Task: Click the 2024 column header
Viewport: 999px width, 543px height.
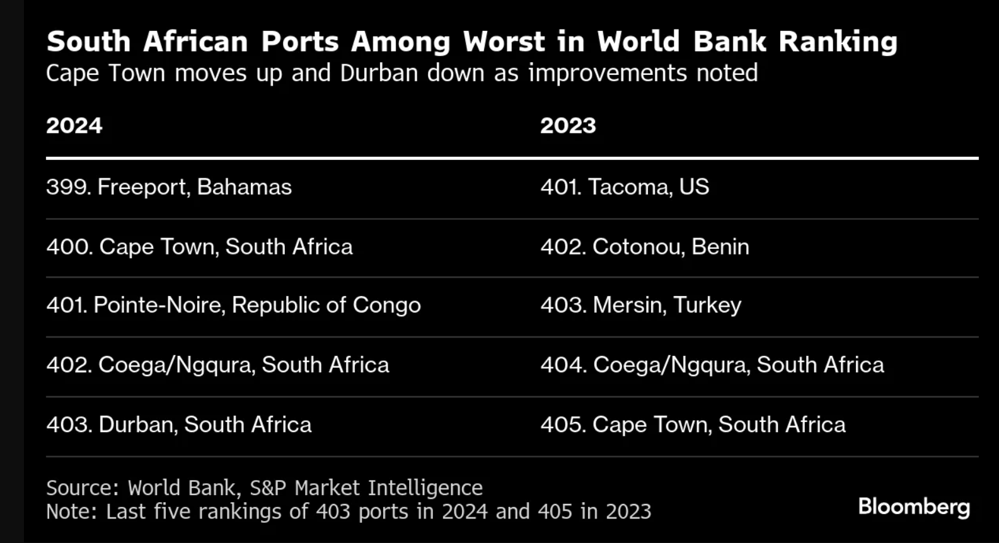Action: click(x=74, y=125)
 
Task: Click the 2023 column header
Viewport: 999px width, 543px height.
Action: click(x=567, y=125)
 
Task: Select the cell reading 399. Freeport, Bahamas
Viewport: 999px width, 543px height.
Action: click(x=169, y=187)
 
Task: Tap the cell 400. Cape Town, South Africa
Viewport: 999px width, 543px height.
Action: click(x=199, y=246)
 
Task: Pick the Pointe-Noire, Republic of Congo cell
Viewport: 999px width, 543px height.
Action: click(x=233, y=305)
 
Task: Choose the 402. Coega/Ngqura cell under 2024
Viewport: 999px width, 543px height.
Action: click(x=217, y=365)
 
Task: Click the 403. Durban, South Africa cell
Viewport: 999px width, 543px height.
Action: click(x=179, y=425)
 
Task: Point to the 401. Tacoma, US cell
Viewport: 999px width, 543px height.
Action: click(x=625, y=187)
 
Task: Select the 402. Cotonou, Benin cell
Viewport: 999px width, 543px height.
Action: click(x=645, y=246)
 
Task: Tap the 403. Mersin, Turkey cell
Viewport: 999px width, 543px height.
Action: click(x=640, y=305)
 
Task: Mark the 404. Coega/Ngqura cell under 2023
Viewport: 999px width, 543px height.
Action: click(x=712, y=365)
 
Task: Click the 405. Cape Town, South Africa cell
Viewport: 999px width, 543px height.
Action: click(x=693, y=425)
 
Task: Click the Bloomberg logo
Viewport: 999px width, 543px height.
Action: click(x=914, y=506)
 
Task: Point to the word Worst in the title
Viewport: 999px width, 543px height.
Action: click(x=504, y=42)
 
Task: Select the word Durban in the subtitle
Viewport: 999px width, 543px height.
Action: click(x=379, y=73)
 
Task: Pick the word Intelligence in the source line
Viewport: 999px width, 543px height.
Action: click(x=425, y=488)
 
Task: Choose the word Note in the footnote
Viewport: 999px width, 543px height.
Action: click(x=69, y=511)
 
